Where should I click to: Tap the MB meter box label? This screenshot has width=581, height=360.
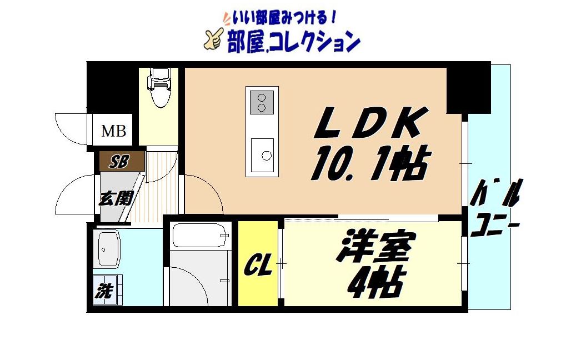(x=113, y=132)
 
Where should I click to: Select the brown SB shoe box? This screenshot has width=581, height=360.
(x=121, y=162)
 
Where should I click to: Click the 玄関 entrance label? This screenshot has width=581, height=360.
(x=115, y=198)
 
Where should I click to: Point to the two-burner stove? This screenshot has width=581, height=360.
(x=261, y=102)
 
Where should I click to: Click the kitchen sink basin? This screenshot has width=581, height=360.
(x=261, y=154)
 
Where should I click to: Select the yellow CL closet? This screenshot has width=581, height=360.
(x=258, y=264)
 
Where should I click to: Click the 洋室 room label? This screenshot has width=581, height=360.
(x=375, y=248)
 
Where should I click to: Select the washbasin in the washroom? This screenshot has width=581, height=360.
(x=109, y=249)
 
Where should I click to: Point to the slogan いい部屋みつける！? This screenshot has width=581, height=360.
(x=280, y=18)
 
